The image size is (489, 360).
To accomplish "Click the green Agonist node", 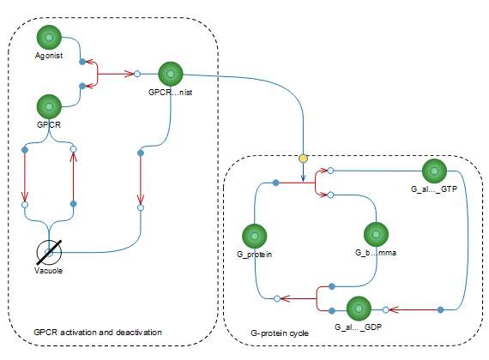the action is pyautogui.click(x=49, y=38).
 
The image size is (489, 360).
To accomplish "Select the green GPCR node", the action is pyautogui.click(x=49, y=106).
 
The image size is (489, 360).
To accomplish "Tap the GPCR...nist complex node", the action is pyautogui.click(x=171, y=74).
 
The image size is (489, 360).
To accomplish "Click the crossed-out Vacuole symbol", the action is pyautogui.click(x=49, y=252).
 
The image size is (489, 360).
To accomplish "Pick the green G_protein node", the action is pyautogui.click(x=255, y=236).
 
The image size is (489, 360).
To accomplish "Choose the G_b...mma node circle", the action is pyautogui.click(x=376, y=234).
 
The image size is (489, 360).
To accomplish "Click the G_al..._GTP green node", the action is pyautogui.click(x=434, y=171).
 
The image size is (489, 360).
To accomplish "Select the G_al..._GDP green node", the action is pyautogui.click(x=359, y=309).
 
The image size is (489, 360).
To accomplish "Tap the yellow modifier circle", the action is pyautogui.click(x=303, y=159).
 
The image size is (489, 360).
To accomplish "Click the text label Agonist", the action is pyautogui.click(x=49, y=56).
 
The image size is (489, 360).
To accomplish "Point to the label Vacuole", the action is pyautogui.click(x=48, y=271).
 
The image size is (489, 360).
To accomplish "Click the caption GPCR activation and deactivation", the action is pyautogui.click(x=98, y=333).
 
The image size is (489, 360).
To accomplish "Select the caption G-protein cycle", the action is pyautogui.click(x=280, y=333).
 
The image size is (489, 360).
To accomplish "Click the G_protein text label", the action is pyautogui.click(x=255, y=255).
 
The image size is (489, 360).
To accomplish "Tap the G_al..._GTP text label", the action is pyautogui.click(x=434, y=189).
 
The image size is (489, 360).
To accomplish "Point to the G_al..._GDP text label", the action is pyautogui.click(x=359, y=327).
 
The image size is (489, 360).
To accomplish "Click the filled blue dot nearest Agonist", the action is pyautogui.click(x=82, y=62).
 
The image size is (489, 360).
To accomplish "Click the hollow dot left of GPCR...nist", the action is pyautogui.click(x=137, y=74).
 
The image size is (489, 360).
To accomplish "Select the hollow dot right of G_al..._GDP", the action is pyautogui.click(x=386, y=309).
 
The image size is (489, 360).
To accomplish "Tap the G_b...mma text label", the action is pyautogui.click(x=376, y=253).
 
